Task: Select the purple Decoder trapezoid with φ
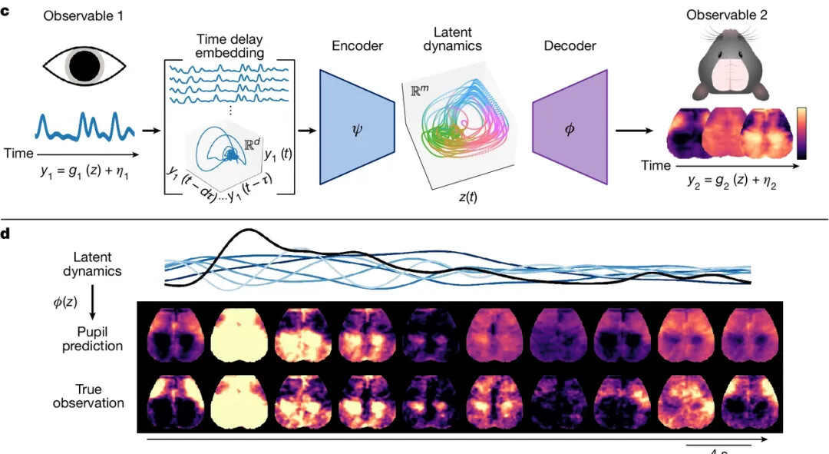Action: (569, 127)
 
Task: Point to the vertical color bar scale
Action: (801, 132)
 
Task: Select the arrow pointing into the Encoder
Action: (307, 130)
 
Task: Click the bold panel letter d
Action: (6, 233)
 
